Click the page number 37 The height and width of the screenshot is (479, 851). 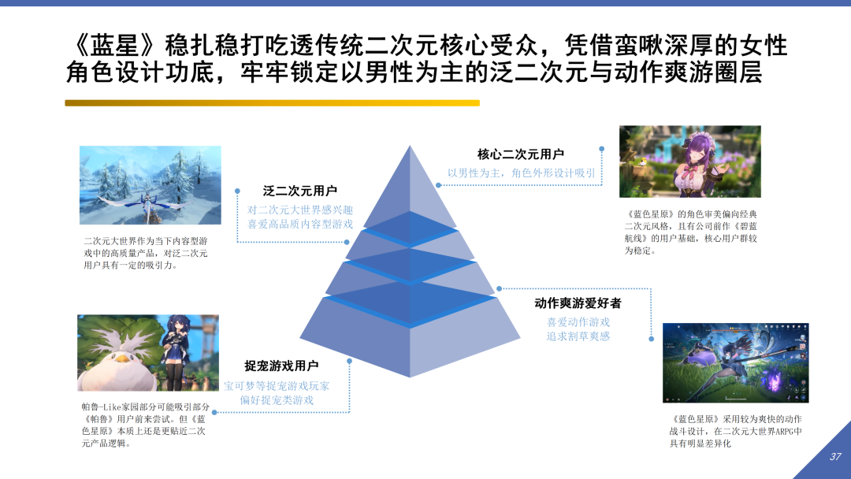pos(836,457)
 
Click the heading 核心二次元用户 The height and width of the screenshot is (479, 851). pos(520,154)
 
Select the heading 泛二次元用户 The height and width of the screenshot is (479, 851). pos(299,191)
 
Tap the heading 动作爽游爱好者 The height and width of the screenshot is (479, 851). pos(578,303)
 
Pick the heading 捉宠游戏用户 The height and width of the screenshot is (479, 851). pos(281,366)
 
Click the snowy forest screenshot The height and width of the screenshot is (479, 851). pos(151,185)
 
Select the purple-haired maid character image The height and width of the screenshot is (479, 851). pos(689,162)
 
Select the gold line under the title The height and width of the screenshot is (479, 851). pos(272,102)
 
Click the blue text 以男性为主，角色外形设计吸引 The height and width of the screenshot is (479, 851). pos(522,173)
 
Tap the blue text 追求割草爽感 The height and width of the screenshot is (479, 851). pos(578,336)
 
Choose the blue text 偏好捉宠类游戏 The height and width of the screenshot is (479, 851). pos(277,400)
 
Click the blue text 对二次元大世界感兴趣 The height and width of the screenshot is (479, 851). pos(300,210)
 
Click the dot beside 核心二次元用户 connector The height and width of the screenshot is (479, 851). pos(601,148)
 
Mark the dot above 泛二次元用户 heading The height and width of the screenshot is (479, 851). pos(237,190)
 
